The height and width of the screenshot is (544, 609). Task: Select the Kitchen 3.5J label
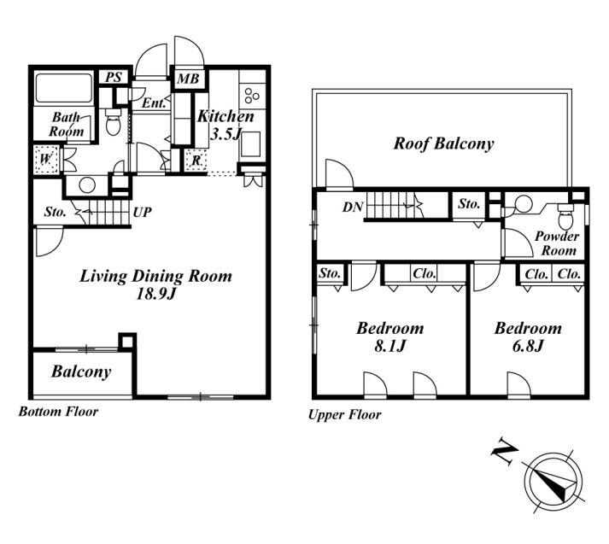[225, 125]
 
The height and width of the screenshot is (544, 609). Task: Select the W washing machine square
[47, 159]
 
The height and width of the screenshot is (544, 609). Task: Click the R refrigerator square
[196, 161]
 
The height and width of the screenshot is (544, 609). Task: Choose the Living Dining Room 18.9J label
[155, 284]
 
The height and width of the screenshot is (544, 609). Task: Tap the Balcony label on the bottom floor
[81, 372]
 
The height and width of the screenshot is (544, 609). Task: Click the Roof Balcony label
[443, 143]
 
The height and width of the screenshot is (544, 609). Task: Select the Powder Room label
[556, 243]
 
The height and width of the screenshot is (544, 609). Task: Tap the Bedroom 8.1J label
[390, 336]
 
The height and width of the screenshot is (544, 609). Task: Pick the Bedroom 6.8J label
[528, 336]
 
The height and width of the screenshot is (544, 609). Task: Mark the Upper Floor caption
[343, 415]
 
